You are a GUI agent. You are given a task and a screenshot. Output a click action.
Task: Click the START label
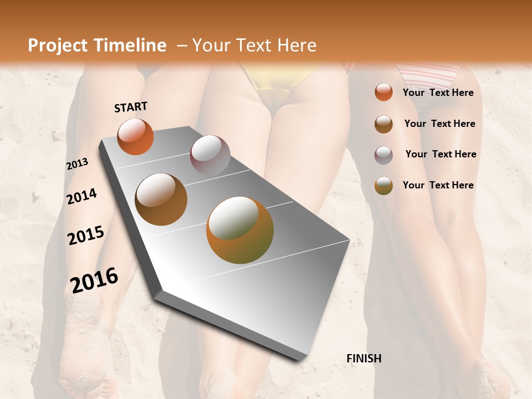(x=131, y=107)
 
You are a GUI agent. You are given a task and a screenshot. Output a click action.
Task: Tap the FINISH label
(x=364, y=359)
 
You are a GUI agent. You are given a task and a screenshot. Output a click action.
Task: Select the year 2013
(x=78, y=163)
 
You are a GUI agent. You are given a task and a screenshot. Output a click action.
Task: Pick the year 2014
(x=82, y=196)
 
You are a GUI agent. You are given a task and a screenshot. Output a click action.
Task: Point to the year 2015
(x=86, y=236)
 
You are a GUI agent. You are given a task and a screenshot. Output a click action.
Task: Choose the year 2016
(x=94, y=280)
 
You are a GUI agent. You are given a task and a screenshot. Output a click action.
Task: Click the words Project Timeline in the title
(x=97, y=45)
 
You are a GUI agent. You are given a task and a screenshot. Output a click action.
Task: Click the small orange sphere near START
(x=135, y=136)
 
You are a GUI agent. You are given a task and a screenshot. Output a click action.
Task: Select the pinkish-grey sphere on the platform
(x=210, y=155)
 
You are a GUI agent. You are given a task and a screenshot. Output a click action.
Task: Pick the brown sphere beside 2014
(x=161, y=199)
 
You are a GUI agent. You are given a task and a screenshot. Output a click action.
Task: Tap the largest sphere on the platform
(x=240, y=230)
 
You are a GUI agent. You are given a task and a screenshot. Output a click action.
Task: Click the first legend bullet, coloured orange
(x=383, y=92)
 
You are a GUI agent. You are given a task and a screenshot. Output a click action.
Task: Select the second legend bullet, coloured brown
(x=383, y=124)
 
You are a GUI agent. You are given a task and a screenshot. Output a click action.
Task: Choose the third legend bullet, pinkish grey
(x=383, y=155)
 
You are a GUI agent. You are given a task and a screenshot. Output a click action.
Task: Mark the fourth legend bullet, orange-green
(x=383, y=186)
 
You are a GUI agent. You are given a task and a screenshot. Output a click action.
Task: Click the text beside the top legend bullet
(x=438, y=93)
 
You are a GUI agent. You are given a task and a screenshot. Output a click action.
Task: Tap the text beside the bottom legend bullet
(x=438, y=185)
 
